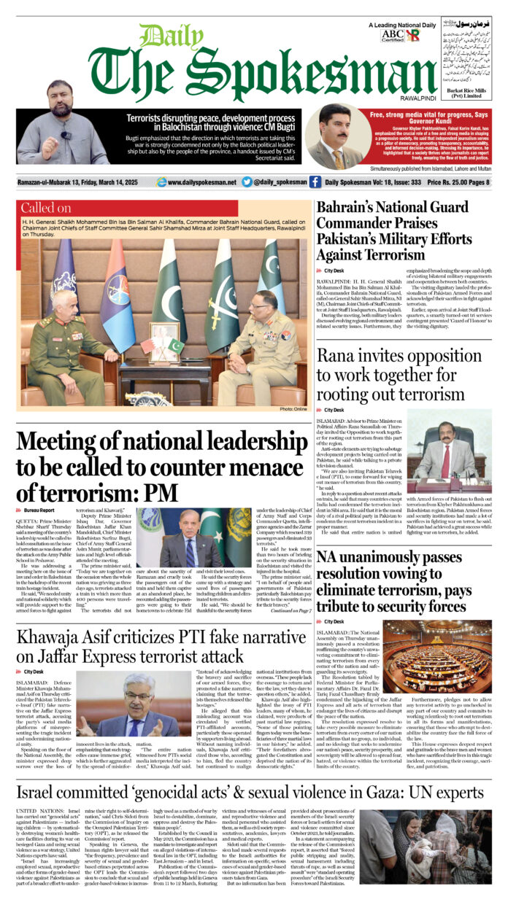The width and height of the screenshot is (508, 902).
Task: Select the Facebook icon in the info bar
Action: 315,182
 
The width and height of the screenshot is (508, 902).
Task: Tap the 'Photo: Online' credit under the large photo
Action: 293,410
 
